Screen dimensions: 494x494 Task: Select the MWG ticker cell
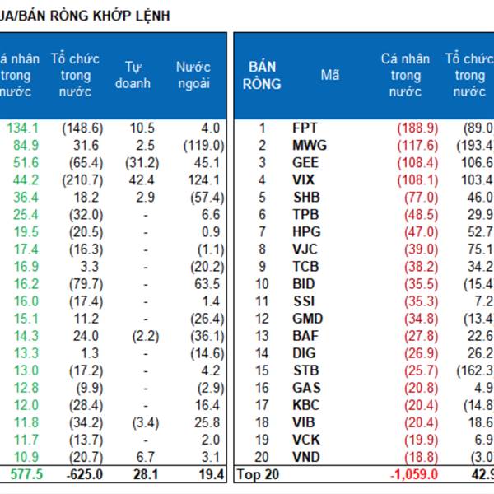pyautogui.click(x=309, y=145)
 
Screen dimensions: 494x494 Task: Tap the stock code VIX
pyautogui.click(x=303, y=179)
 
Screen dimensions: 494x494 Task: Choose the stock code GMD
pyautogui.click(x=307, y=318)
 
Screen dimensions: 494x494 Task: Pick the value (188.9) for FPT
pyautogui.click(x=417, y=128)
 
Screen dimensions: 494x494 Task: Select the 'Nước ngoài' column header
pyautogui.click(x=193, y=75)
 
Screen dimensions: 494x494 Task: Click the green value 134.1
pyautogui.click(x=22, y=128)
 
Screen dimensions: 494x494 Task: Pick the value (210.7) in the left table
pyautogui.click(x=82, y=179)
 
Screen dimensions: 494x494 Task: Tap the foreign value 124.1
pyautogui.click(x=203, y=179)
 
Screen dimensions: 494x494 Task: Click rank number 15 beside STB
pyautogui.click(x=263, y=370)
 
